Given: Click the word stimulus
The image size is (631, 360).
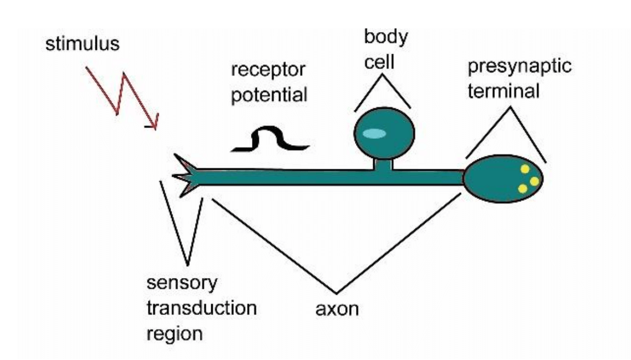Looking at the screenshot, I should pos(82,43).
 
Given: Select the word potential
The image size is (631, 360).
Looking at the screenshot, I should pos(269,95).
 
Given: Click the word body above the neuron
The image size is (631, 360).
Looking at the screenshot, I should pos(386,37).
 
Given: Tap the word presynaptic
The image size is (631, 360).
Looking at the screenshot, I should pos(519,67).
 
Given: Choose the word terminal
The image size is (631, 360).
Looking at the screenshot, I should pos(503,91).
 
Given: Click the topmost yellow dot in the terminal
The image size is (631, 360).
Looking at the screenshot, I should pos(525,170).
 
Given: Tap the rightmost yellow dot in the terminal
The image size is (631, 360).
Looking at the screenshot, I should pos(534,182).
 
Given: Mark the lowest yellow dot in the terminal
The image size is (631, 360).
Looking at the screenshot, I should pos(522,188).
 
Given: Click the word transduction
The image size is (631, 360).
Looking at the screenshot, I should pos(201,309).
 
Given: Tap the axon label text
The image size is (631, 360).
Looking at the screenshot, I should pos(336,310).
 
